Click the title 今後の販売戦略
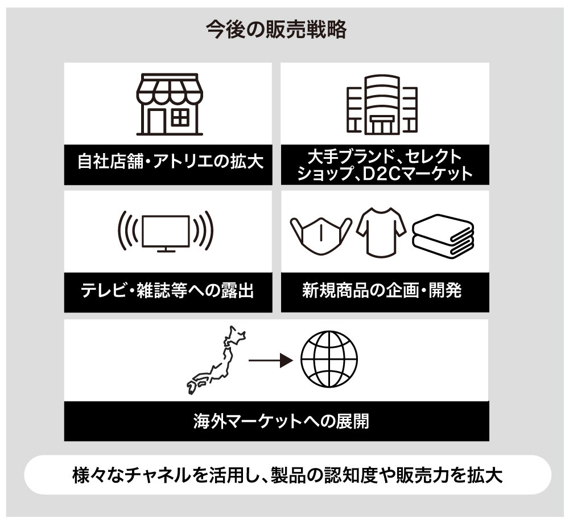click(x=277, y=30)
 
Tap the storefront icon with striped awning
click(x=170, y=104)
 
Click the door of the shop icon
click(x=156, y=121)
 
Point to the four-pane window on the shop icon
click(x=180, y=118)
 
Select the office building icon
click(x=382, y=105)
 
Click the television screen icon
click(x=166, y=231)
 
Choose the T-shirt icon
click(x=381, y=233)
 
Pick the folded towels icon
click(x=443, y=236)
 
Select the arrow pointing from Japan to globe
click(x=271, y=360)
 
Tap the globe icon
click(x=329, y=359)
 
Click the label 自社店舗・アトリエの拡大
click(x=170, y=161)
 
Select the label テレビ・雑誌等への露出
click(x=167, y=291)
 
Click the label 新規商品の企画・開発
click(x=382, y=290)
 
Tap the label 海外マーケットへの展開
click(x=281, y=421)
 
